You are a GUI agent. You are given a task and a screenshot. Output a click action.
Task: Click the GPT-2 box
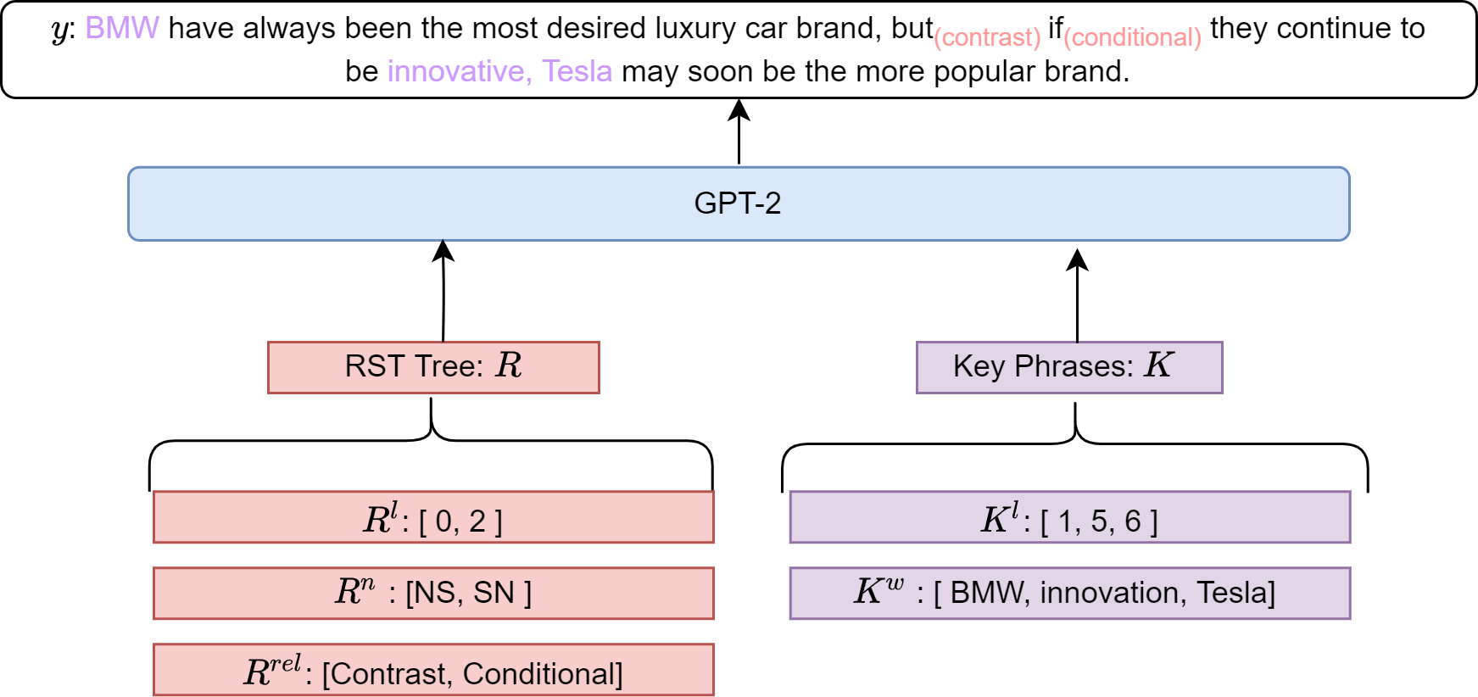pyautogui.click(x=739, y=204)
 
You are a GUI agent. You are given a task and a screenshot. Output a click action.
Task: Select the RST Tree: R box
pyautogui.click(x=433, y=367)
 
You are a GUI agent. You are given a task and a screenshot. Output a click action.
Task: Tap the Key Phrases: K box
pyautogui.click(x=1069, y=367)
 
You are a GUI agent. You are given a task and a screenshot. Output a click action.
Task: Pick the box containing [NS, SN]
pyautogui.click(x=433, y=593)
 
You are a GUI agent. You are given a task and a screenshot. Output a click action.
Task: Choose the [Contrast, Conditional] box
pyautogui.click(x=433, y=670)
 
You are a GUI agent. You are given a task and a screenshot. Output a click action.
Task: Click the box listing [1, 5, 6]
pyautogui.click(x=1070, y=516)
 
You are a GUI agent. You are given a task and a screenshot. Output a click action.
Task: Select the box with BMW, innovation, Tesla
pyautogui.click(x=1070, y=593)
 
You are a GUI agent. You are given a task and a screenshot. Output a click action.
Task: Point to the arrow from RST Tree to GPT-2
pyautogui.click(x=443, y=291)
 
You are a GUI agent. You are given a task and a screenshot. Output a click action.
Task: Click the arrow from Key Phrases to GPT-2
pyautogui.click(x=1077, y=295)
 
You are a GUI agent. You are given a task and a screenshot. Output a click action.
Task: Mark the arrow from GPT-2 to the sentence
pyautogui.click(x=739, y=131)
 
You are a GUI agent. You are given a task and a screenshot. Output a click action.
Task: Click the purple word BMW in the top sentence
pyautogui.click(x=122, y=28)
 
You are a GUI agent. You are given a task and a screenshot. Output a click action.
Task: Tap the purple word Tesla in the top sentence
pyautogui.click(x=577, y=71)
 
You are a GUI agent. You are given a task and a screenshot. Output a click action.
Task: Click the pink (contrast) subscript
pyautogui.click(x=987, y=38)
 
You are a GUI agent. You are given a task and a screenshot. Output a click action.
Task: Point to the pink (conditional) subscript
pyautogui.click(x=1132, y=38)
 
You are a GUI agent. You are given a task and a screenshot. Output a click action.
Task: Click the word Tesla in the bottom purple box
pyautogui.click(x=1235, y=593)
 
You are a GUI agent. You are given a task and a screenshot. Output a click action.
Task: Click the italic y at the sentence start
pyautogui.click(x=59, y=31)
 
